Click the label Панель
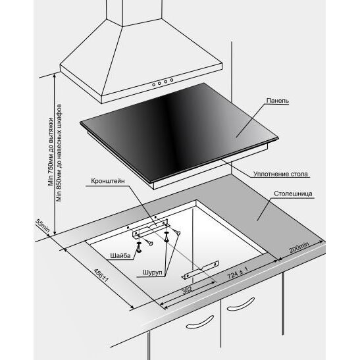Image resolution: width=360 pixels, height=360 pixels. point(277,101)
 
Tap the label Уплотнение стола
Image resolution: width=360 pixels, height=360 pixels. point(280,174)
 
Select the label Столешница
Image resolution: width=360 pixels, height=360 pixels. point(293,193)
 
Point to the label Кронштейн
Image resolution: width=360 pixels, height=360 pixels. point(108,181)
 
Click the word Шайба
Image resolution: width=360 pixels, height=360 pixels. point(120,255)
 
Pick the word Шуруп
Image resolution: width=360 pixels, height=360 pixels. point(152,272)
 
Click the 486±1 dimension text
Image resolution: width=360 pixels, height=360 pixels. point(101,275)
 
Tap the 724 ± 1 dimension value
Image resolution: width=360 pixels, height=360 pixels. point(238,272)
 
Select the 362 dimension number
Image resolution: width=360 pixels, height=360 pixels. point(187,290)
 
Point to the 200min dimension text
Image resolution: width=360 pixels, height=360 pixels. point(299,247)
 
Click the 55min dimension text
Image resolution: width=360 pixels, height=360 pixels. point(42,226)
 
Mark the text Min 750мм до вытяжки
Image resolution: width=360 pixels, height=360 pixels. point(51,151)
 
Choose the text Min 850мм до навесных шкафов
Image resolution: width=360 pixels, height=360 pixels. point(59,153)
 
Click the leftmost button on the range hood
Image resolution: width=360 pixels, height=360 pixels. point(153,85)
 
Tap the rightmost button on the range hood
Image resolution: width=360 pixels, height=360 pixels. point(171,80)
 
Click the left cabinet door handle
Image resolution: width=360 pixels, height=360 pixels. point(200,322)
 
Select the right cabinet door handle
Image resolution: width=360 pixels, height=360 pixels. point(241,305)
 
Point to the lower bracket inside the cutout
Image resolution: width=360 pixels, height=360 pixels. point(200,270)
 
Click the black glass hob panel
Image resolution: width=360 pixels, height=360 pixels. point(179,132)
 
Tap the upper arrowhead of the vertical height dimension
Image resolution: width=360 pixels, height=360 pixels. point(55,76)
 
